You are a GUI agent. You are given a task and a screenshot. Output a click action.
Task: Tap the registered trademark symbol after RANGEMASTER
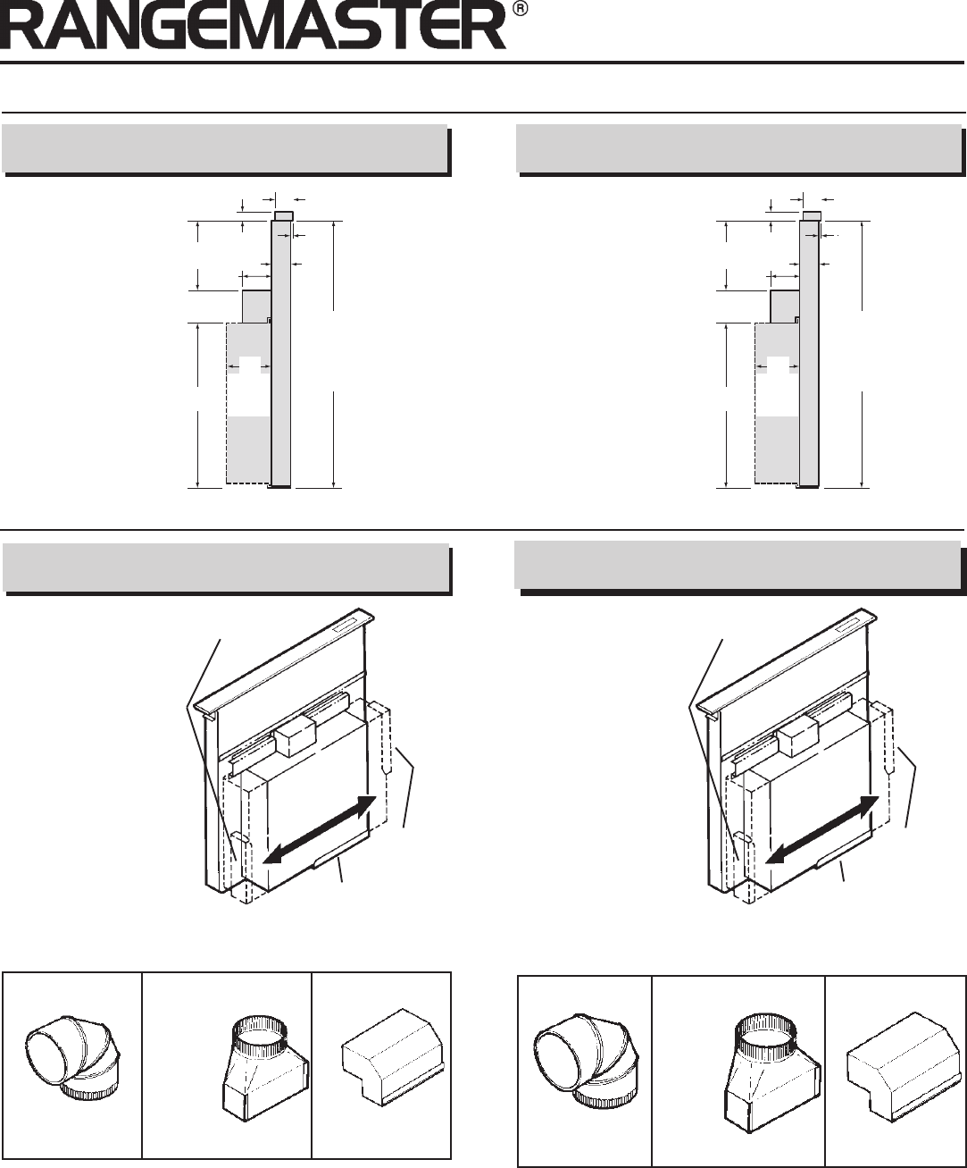click(520, 10)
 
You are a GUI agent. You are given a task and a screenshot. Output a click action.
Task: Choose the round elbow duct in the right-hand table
click(584, 1063)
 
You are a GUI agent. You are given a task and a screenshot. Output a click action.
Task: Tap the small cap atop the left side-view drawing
click(283, 216)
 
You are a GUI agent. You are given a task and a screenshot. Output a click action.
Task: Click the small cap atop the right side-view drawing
click(812, 216)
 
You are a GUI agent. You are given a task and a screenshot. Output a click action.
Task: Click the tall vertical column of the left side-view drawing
click(280, 354)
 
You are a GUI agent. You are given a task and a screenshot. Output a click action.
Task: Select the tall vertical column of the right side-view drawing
click(809, 354)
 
